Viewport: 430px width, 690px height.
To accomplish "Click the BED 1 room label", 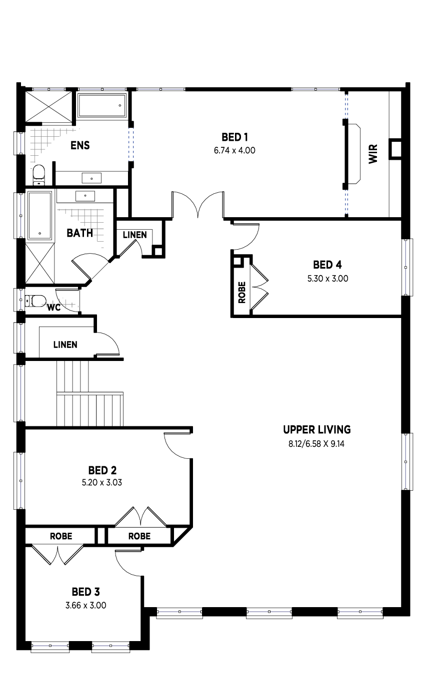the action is pos(234,137).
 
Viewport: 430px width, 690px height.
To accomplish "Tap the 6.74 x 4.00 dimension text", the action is pos(234,151).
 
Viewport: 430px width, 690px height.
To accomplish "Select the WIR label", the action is pos(373,154).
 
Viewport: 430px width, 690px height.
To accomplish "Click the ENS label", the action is pos(80,145).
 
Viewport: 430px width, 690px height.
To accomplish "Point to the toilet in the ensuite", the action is pos(38,175).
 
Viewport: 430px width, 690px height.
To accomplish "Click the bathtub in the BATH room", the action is pos(40,216).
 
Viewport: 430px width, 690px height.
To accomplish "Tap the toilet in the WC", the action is pos(35,301).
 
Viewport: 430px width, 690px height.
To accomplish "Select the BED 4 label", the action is pos(327,265).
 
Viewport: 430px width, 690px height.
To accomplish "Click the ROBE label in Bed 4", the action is pos(242,292).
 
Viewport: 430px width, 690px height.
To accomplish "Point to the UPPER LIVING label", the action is pos(317,429).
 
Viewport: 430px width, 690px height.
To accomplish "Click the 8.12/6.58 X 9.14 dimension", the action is pos(316,444).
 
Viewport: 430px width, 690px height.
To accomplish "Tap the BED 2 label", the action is pos(102,470).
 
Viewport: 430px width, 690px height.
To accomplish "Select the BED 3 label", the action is pos(86,592).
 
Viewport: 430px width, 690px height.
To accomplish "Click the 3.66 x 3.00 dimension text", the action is pos(86,605).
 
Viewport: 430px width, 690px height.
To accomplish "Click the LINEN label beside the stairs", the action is pos(65,345).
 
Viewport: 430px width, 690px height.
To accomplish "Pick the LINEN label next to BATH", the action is pos(135,235).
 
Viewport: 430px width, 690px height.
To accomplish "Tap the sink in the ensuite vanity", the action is pos(91,178).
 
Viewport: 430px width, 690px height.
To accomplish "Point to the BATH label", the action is pos(80,233).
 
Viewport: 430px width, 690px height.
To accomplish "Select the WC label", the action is pos(53,308).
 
